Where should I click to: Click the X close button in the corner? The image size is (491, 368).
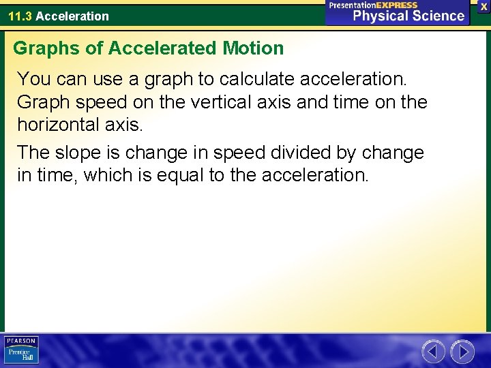point(483,5)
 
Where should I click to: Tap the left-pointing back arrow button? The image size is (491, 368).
point(433,352)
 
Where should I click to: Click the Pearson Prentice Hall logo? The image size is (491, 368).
point(22,350)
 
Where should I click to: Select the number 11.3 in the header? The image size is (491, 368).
point(20,16)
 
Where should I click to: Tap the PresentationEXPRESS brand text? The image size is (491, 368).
point(373,5)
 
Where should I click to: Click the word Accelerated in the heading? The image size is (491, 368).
point(163,48)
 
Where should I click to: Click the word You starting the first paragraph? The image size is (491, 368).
point(33,79)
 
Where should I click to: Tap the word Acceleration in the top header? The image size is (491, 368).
point(72,16)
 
